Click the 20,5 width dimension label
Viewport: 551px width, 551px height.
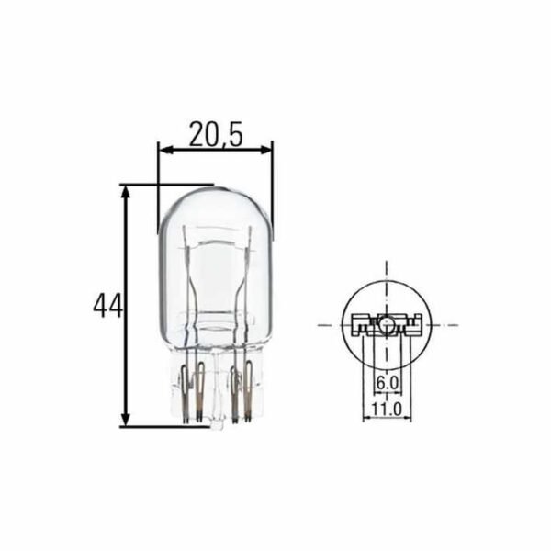tap(216, 133)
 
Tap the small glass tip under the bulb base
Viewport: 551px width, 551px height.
tap(216, 425)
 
